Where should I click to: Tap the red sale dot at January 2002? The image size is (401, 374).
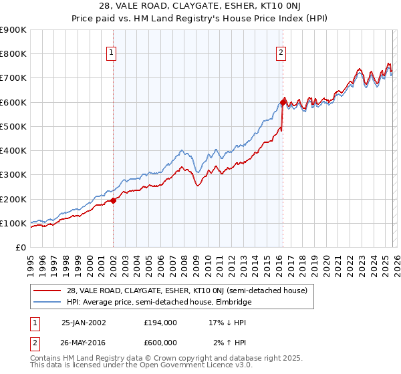(x=113, y=200)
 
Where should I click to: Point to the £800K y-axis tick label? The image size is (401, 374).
(x=13, y=54)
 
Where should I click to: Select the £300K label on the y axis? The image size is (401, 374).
(x=13, y=175)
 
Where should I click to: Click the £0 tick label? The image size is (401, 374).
(x=20, y=248)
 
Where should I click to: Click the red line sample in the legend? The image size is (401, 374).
(x=47, y=291)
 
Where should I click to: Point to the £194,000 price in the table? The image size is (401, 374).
(x=160, y=322)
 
